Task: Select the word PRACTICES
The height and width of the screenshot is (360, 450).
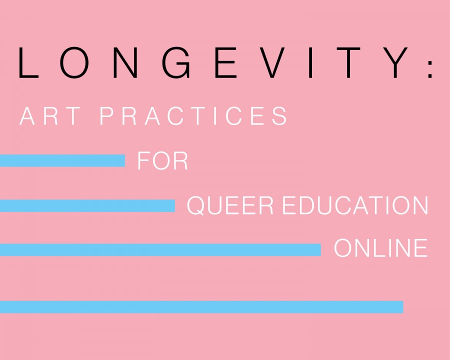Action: (x=193, y=116)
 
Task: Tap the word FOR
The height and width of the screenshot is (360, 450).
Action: (x=162, y=161)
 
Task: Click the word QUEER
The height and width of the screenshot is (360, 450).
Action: (x=230, y=205)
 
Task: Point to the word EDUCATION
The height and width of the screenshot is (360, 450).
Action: (x=355, y=205)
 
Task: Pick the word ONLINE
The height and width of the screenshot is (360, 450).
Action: (x=381, y=248)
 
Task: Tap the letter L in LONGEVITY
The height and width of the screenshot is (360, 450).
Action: (x=28, y=63)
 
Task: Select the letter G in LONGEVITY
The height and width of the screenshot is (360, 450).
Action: (x=176, y=63)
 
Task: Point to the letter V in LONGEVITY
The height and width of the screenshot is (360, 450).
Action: (x=271, y=63)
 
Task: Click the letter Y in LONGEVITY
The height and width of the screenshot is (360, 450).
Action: (x=395, y=63)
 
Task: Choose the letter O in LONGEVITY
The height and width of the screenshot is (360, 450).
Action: (x=74, y=63)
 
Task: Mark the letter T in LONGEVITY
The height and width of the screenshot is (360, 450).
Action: (x=348, y=63)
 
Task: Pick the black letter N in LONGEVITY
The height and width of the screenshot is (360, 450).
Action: (x=125, y=63)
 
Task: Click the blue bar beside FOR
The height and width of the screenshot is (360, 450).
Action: (x=62, y=161)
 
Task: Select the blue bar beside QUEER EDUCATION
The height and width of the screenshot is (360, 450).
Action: (x=87, y=206)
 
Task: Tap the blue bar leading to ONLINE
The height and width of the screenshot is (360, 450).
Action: (x=160, y=250)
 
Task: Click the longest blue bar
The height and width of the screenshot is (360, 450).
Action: (x=201, y=307)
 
